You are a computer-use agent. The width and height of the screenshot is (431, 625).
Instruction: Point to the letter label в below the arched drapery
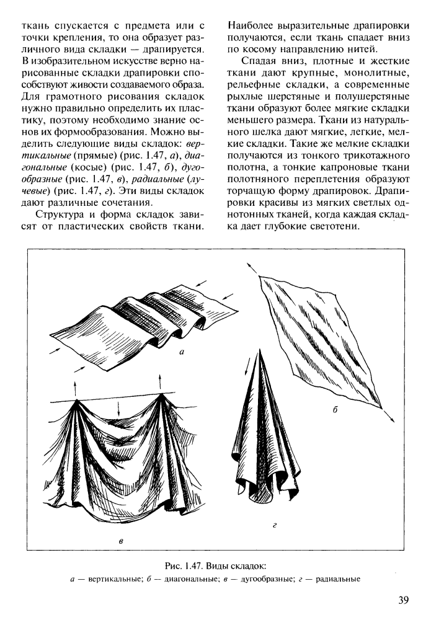[121, 541]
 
